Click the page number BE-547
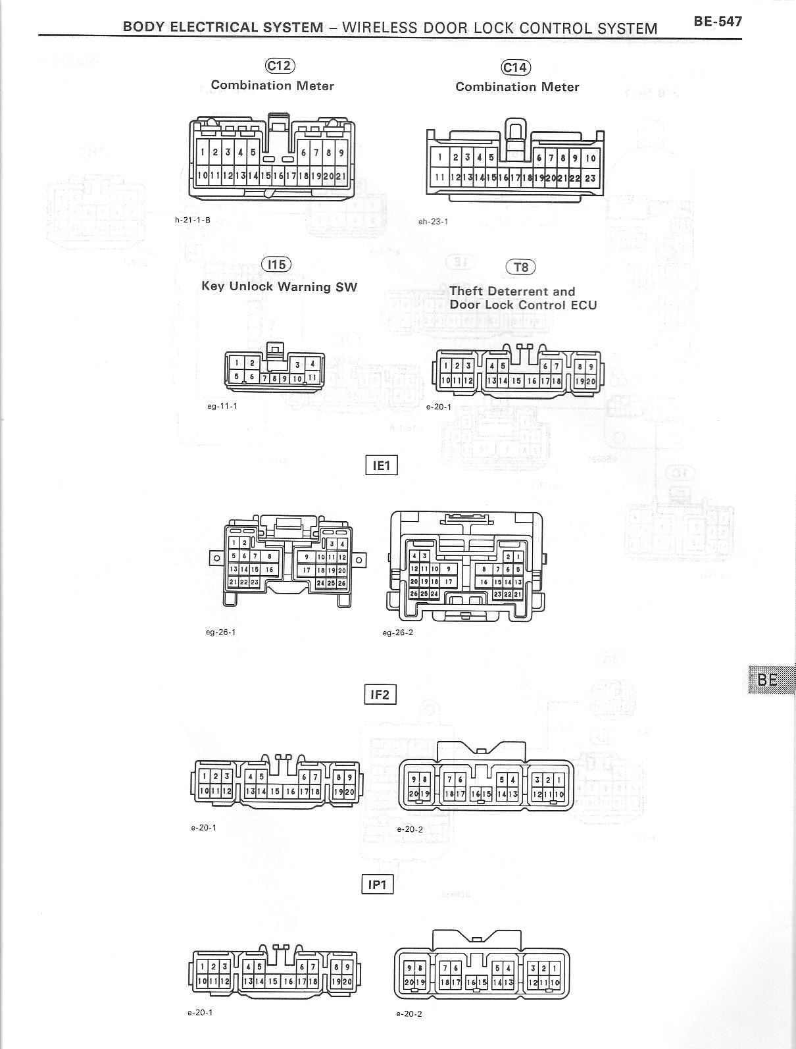[717, 21]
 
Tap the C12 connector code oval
[280, 65]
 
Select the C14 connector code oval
[516, 67]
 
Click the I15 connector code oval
[276, 264]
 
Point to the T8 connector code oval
[520, 267]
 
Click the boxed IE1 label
[382, 465]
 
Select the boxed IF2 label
[380, 694]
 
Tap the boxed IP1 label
[378, 884]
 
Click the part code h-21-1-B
[192, 220]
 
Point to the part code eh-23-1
[433, 221]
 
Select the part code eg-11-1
[222, 405]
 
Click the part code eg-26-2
[398, 632]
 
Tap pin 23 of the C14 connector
[590, 178]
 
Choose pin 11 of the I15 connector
[312, 378]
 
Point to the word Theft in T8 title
[466, 291]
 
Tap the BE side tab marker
[768, 679]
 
